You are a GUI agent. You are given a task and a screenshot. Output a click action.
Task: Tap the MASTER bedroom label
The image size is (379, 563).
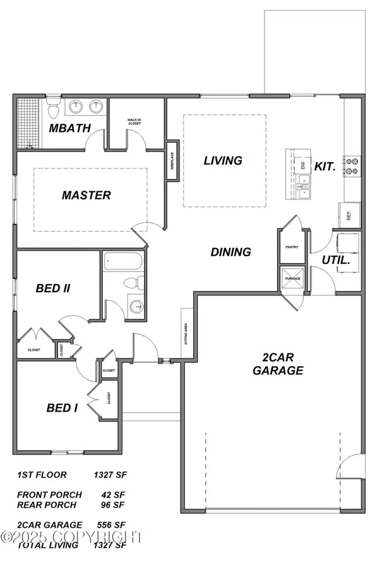tap(86, 195)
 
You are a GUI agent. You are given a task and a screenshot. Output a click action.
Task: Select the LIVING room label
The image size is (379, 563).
tap(222, 160)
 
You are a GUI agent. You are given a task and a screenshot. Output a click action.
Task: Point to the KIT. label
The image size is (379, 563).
tap(327, 168)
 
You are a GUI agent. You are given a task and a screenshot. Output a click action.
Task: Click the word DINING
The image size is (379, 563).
tap(231, 252)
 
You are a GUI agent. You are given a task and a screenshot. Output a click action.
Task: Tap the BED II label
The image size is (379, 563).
tap(52, 288)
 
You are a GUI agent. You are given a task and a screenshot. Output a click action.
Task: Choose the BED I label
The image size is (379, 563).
tap(62, 408)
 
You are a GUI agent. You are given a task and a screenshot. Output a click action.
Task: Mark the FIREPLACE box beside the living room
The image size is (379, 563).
tap(172, 162)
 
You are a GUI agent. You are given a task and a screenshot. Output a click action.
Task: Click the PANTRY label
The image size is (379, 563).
tap(292, 248)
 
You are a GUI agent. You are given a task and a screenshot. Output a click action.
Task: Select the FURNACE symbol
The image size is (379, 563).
tap(292, 278)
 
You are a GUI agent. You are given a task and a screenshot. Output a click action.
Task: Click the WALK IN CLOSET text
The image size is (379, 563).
tap(134, 122)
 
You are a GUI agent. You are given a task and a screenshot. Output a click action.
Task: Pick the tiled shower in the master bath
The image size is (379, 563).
tap(30, 122)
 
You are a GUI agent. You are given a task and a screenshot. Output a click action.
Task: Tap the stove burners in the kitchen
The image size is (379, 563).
tap(351, 165)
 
